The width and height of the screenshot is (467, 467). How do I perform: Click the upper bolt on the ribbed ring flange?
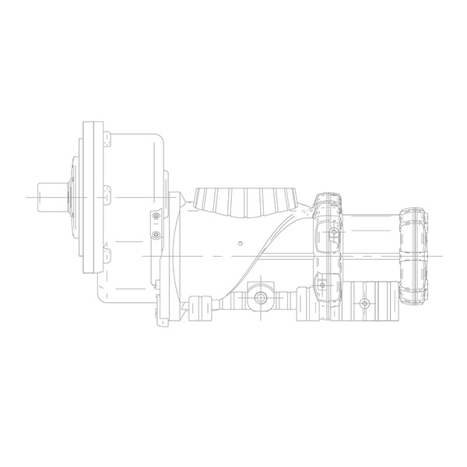(x=334, y=232)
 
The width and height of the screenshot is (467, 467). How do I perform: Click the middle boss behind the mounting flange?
(x=106, y=191)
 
